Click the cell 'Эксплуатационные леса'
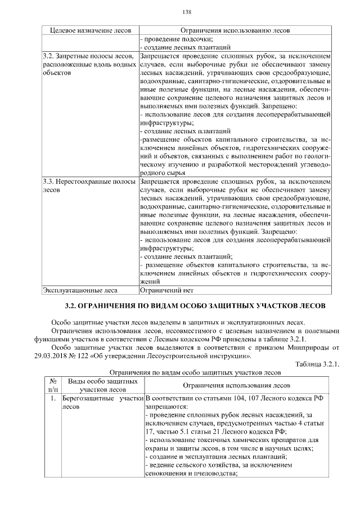[80, 290]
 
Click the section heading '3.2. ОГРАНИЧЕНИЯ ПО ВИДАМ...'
[195, 307]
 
